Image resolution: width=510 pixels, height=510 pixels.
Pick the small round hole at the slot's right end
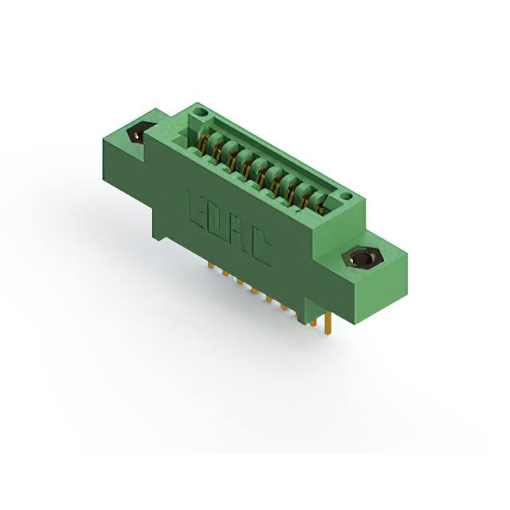pos(344,195)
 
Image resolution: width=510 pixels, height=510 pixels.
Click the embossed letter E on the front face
pos(197,206)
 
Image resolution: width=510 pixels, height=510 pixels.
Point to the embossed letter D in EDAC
pos(218,219)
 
